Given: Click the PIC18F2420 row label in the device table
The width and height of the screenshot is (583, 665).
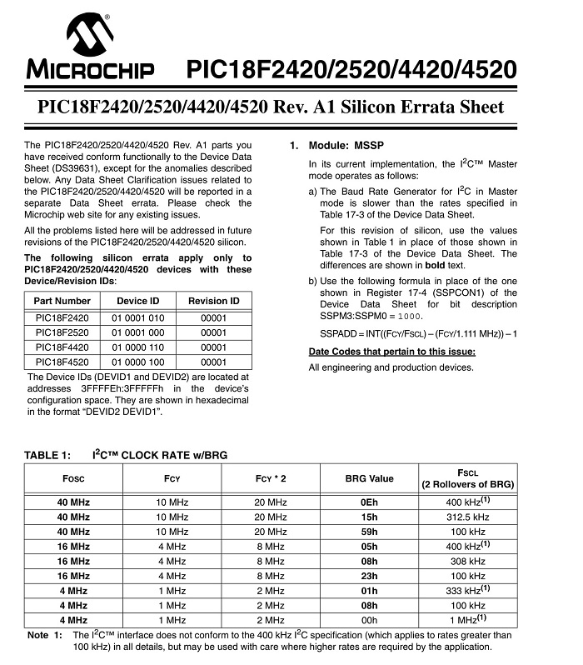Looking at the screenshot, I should (62, 317).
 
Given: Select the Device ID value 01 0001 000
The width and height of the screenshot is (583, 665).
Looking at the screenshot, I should (138, 332).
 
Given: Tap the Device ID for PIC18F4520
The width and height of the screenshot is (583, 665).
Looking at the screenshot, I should (138, 362).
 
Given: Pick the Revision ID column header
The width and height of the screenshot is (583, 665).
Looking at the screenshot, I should (213, 301).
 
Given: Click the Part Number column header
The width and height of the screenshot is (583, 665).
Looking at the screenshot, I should (62, 301).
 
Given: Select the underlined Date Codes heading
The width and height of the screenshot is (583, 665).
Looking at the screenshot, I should (391, 351).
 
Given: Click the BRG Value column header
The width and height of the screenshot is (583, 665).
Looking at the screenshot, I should (369, 478).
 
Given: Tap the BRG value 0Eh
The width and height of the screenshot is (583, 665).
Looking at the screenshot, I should (369, 502).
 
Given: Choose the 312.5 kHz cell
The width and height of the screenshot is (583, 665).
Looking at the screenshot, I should (467, 517).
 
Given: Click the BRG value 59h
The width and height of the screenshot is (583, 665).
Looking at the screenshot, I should (369, 532).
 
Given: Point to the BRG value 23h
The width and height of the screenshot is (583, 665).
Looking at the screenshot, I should (369, 576).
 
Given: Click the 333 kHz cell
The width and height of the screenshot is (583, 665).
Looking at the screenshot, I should (467, 591).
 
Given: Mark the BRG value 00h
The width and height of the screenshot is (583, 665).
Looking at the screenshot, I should (369, 621).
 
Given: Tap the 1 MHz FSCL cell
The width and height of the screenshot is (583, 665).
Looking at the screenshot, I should (467, 620).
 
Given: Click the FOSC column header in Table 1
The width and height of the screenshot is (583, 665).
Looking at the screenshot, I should (73, 478).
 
